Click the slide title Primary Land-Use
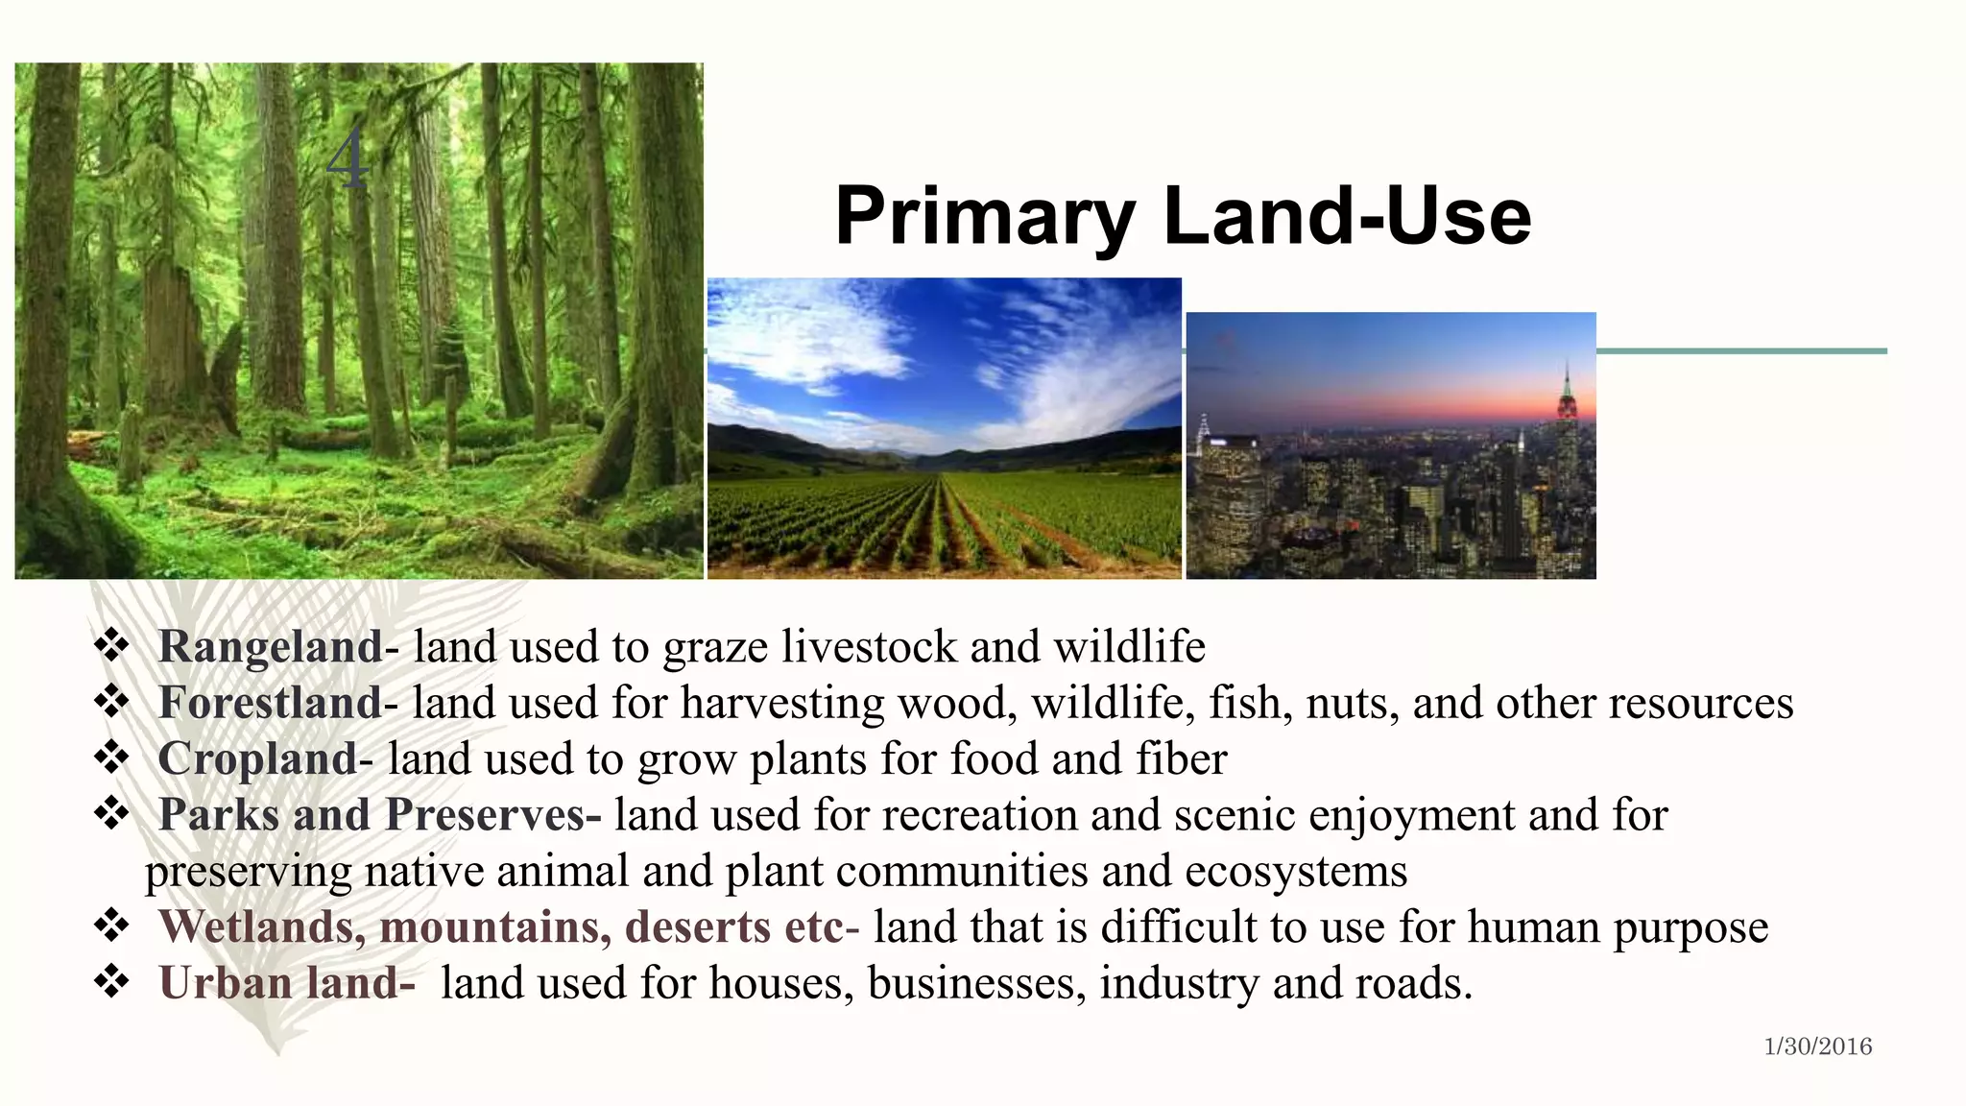(x=1182, y=216)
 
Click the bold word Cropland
(x=257, y=759)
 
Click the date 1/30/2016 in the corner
(x=1817, y=1046)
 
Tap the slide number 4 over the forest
(x=347, y=159)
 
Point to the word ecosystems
(x=1296, y=872)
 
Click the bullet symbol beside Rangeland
(x=112, y=644)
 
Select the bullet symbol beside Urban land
(x=112, y=981)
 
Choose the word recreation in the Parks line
(x=979, y=816)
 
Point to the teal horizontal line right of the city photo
(x=1741, y=351)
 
